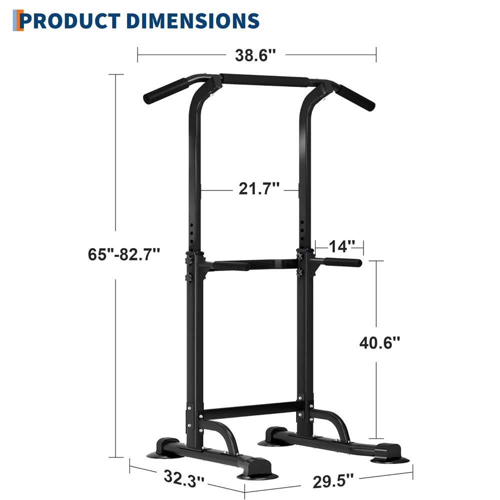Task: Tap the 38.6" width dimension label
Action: tap(256, 54)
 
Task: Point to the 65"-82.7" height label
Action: tap(124, 253)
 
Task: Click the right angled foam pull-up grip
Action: tap(355, 98)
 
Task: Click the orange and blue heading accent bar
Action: tap(19, 20)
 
